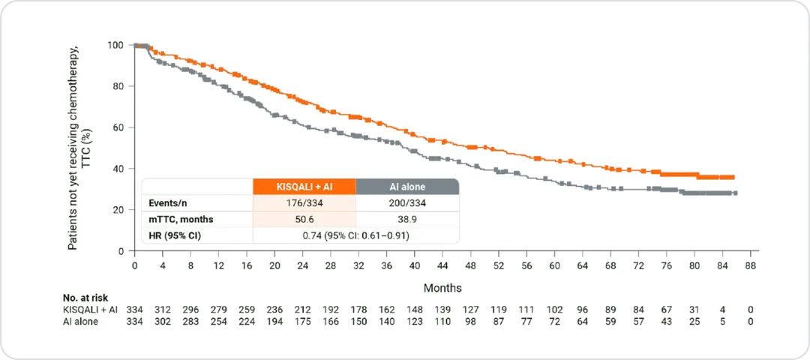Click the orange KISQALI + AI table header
pos(304,187)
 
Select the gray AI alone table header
pos(406,187)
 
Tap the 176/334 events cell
pos(304,202)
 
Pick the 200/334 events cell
pos(406,202)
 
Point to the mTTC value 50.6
pos(304,219)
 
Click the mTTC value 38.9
pos(406,219)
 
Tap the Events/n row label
pos(166,202)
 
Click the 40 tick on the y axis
pos(118,169)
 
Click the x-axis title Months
pos(442,288)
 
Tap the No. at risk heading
pos(89,297)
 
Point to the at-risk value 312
pos(162,310)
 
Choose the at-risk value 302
pos(162,322)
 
